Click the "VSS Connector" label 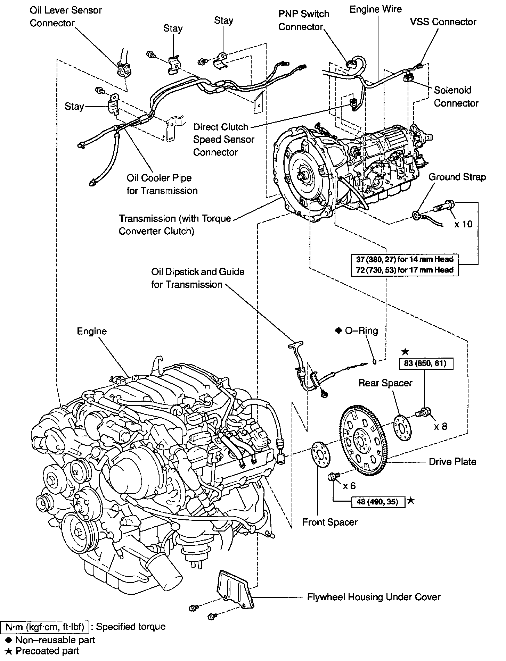tap(443, 22)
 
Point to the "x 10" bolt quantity tap(464, 224)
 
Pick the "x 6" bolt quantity tap(349, 485)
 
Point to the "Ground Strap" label tap(457, 177)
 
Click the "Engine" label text tap(92, 331)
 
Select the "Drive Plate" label tap(452, 461)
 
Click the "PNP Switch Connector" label tap(304, 20)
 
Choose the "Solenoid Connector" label tap(456, 97)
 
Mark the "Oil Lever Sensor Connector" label tap(66, 16)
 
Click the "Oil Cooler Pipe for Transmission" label tap(162, 184)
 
